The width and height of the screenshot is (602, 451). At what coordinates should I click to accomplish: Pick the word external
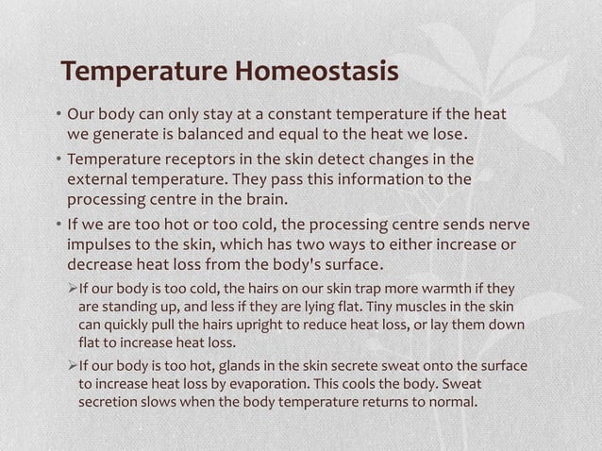click(96, 178)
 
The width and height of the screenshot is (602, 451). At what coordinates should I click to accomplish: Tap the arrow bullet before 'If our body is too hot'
click(72, 366)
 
